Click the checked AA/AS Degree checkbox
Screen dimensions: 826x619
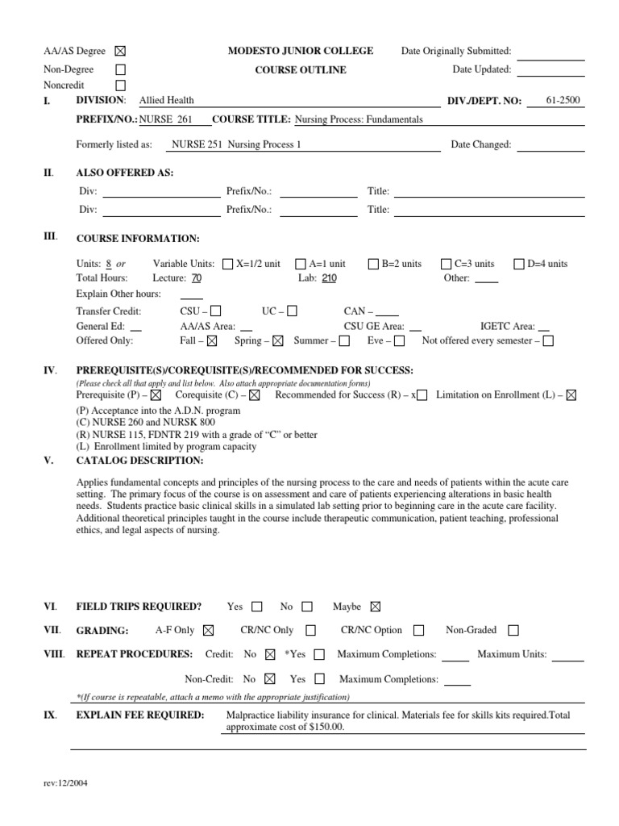[121, 51]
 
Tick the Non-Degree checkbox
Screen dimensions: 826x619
[121, 69]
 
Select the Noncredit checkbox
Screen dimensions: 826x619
[121, 85]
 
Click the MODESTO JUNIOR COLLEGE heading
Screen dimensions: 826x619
[301, 51]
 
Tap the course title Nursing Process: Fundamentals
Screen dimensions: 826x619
[359, 119]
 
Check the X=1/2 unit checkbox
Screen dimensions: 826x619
[227, 264]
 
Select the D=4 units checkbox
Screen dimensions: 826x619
[520, 264]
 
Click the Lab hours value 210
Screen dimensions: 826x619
[329, 278]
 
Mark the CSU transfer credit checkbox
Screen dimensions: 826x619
[215, 311]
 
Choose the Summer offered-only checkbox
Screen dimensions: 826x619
[344, 341]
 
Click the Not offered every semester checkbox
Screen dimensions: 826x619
[548, 341]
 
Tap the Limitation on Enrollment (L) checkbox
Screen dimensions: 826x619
[571, 395]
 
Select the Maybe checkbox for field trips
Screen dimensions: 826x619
[375, 607]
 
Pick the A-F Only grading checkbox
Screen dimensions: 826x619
[209, 631]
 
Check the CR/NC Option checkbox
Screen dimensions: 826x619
[418, 631]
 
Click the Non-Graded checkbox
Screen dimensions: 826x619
[513, 631]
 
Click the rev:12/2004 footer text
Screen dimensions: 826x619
[65, 790]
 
